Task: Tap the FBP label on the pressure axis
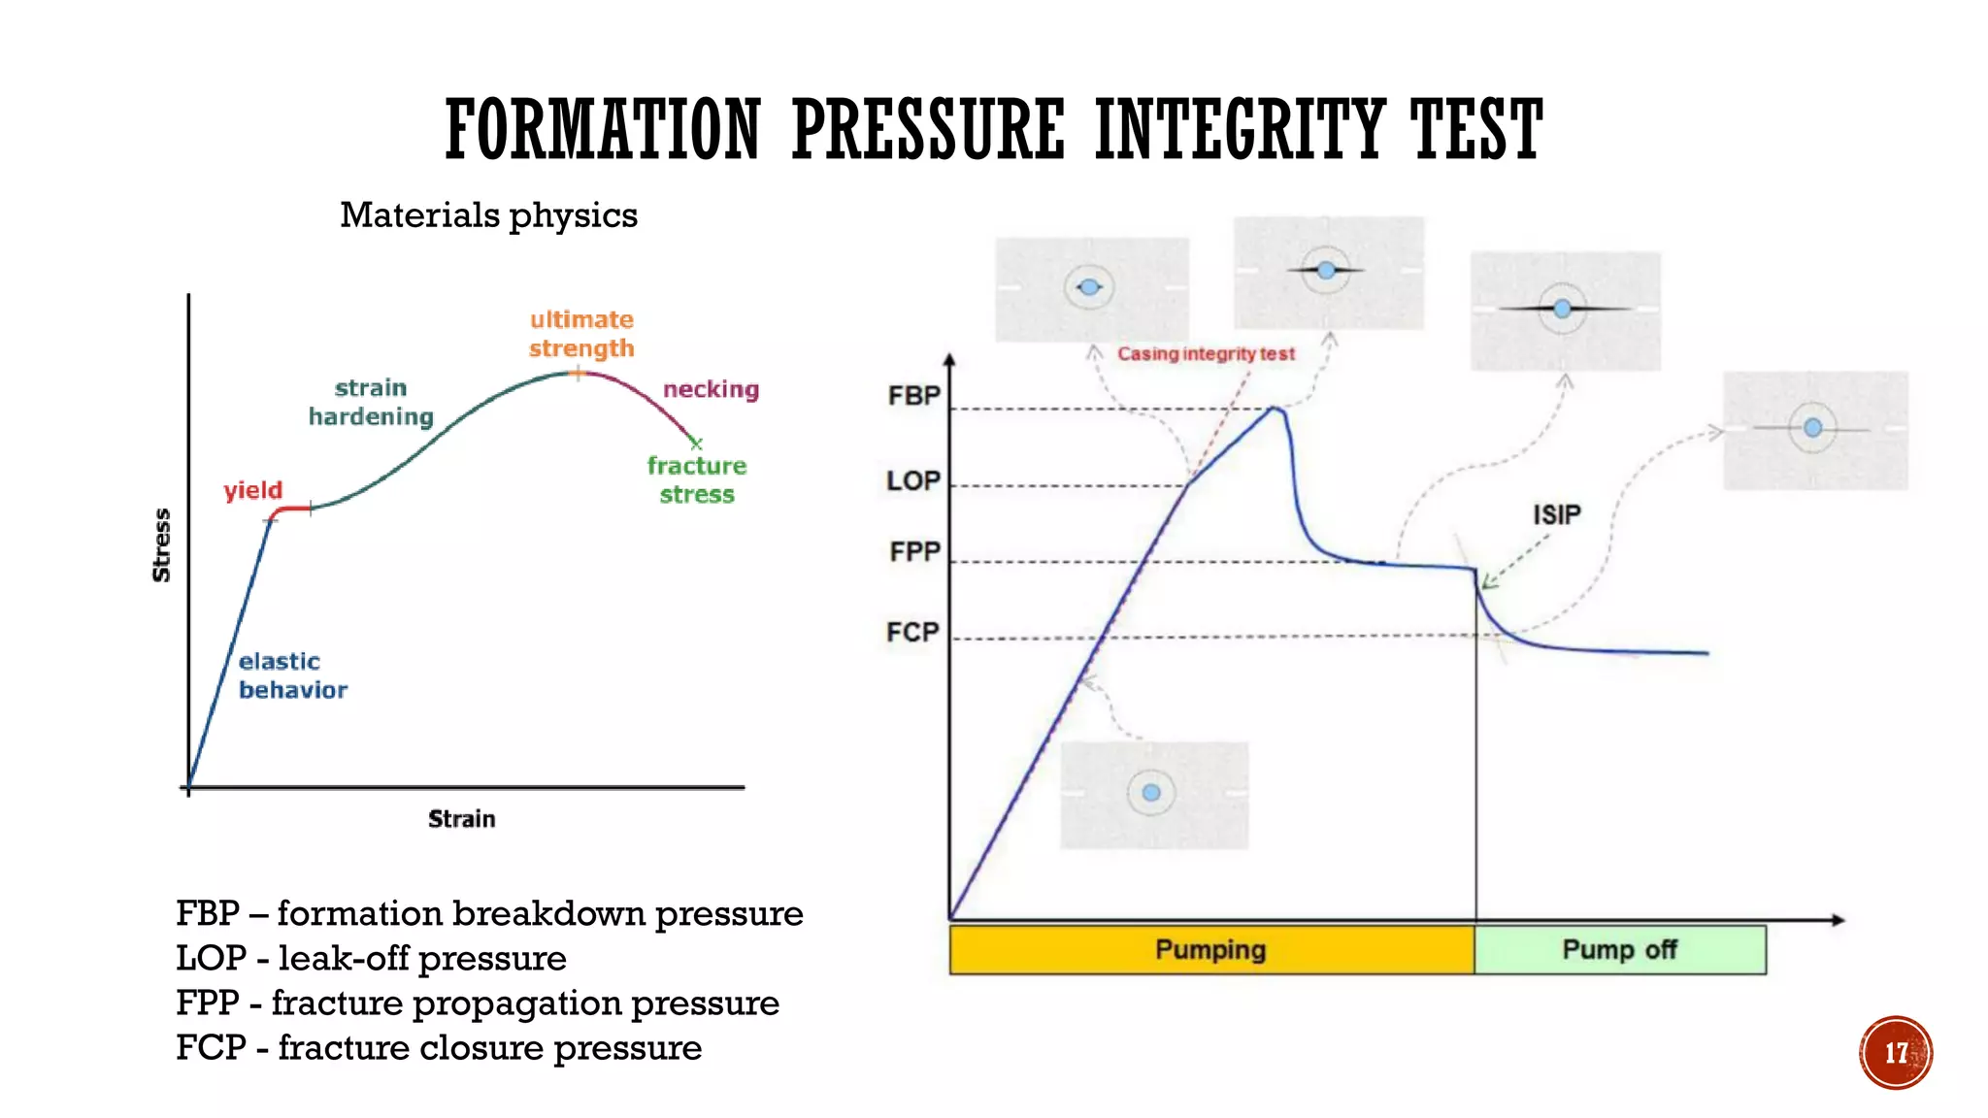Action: click(913, 396)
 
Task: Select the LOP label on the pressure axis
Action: click(913, 480)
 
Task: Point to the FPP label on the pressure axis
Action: click(914, 551)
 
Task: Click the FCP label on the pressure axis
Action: click(912, 632)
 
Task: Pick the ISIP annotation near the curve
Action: click(1556, 514)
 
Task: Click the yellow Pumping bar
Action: click(1210, 949)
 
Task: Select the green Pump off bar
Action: click(1619, 949)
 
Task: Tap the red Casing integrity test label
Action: click(1206, 354)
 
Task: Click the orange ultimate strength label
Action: click(581, 334)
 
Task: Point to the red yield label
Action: click(253, 490)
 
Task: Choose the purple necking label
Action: click(711, 389)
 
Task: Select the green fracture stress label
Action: click(697, 479)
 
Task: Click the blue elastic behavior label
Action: click(291, 675)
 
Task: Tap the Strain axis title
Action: click(461, 819)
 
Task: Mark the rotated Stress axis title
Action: click(161, 545)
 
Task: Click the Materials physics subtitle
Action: click(488, 214)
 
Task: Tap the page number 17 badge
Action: click(1895, 1053)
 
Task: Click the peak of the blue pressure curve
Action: click(1276, 409)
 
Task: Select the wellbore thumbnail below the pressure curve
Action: click(1153, 795)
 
